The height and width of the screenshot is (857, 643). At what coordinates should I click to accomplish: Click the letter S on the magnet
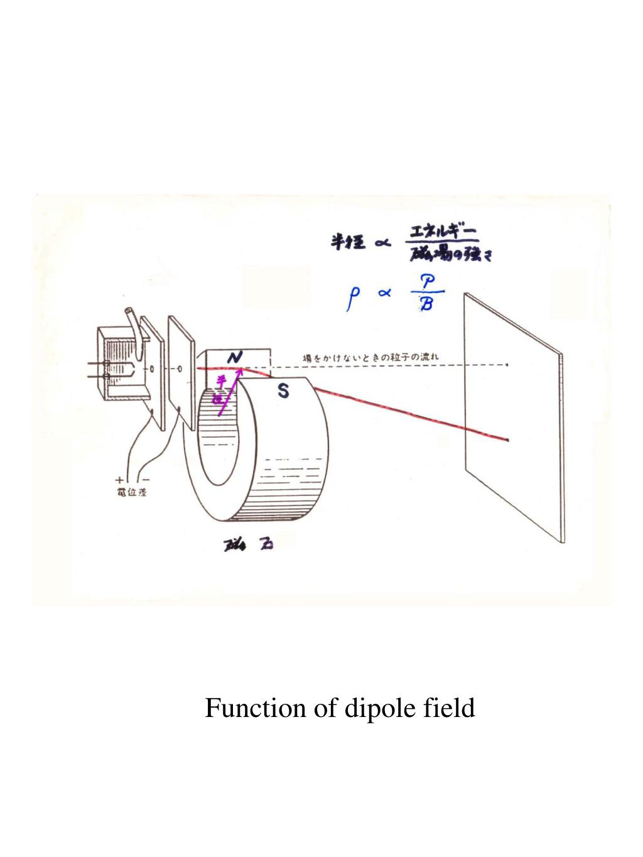click(x=284, y=392)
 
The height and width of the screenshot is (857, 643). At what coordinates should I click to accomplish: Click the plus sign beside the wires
click(x=119, y=481)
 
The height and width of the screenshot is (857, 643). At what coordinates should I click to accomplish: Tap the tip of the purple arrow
click(x=240, y=370)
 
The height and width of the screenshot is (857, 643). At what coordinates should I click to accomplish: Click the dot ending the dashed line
click(x=507, y=364)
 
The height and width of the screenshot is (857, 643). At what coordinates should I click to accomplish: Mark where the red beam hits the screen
click(x=507, y=441)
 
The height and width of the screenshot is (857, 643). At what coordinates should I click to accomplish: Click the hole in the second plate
click(x=180, y=369)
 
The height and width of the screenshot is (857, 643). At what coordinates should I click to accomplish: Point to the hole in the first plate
click(x=153, y=367)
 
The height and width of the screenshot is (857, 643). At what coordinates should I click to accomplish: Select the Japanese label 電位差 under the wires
click(x=129, y=492)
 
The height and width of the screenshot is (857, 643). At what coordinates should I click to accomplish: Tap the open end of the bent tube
click(x=130, y=311)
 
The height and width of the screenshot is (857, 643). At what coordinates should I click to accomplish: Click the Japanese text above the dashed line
click(x=371, y=357)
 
